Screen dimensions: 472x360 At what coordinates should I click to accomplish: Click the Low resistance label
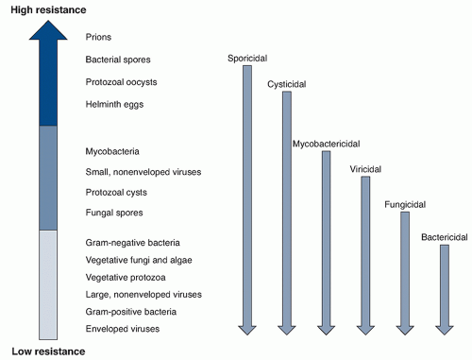(48, 351)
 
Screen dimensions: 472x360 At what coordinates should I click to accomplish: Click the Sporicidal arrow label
(247, 59)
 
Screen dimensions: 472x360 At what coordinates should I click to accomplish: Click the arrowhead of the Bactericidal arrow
(445, 328)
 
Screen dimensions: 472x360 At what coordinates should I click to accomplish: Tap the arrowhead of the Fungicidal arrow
(405, 328)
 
